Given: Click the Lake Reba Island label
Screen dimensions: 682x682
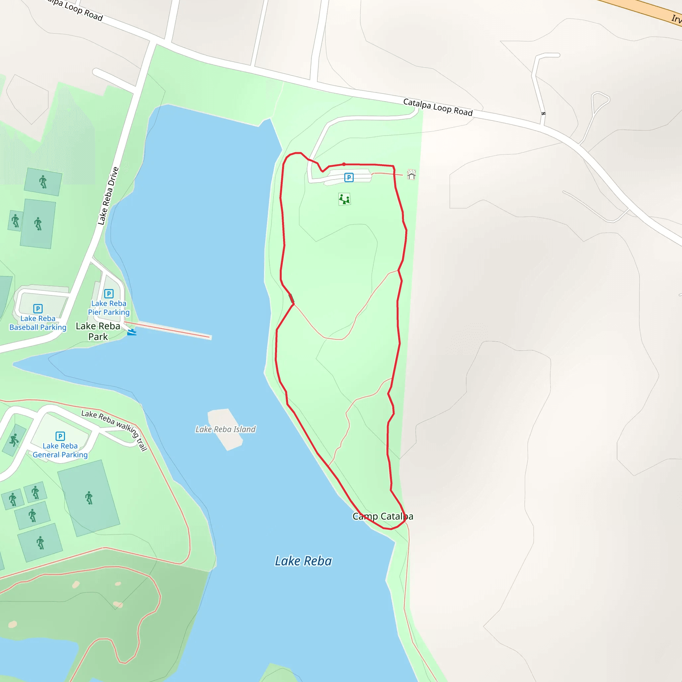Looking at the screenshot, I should pyautogui.click(x=225, y=429).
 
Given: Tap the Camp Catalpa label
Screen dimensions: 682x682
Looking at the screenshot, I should pyautogui.click(x=383, y=516).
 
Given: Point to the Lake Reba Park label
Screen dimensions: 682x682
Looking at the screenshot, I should pyautogui.click(x=98, y=331).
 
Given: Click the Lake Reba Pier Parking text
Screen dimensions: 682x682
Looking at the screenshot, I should pyautogui.click(x=109, y=308).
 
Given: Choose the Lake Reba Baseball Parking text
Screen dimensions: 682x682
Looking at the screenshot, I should pyautogui.click(x=38, y=323).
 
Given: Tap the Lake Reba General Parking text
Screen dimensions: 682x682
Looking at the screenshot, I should pyautogui.click(x=60, y=451).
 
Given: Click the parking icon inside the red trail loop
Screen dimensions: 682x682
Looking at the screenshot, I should pyautogui.click(x=349, y=177).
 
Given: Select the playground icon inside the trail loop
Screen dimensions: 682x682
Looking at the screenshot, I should pyautogui.click(x=344, y=199).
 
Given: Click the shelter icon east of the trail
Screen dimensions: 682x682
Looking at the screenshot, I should pyautogui.click(x=411, y=174).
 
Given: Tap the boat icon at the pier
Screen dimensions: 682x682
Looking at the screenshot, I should pyautogui.click(x=131, y=332).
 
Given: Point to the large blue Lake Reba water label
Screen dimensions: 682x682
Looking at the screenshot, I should pyautogui.click(x=303, y=561).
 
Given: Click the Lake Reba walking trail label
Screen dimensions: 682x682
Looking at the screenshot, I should pyautogui.click(x=114, y=431).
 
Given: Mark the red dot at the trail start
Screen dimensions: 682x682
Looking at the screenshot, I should pyautogui.click(x=344, y=164).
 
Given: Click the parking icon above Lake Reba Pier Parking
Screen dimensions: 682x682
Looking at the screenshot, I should pyautogui.click(x=109, y=293).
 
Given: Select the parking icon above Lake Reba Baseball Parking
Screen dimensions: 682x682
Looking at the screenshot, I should pyautogui.click(x=38, y=308).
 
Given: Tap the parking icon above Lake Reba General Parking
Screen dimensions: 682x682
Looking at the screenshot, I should pyautogui.click(x=60, y=436).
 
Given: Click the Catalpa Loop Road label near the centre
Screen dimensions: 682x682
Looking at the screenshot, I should pyautogui.click(x=438, y=107).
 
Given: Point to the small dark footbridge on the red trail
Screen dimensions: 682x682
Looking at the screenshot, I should pyautogui.click(x=292, y=299).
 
